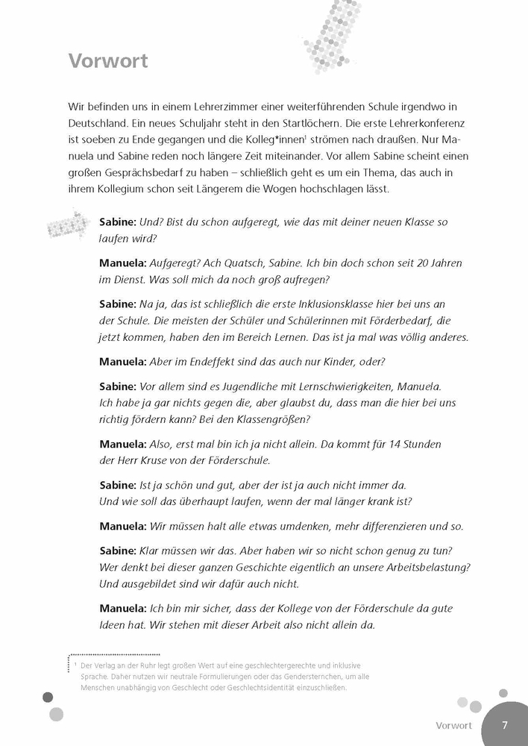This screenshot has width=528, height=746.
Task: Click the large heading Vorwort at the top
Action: pos(108,60)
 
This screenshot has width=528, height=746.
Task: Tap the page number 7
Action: pos(505,724)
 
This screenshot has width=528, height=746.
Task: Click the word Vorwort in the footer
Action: pos(454,725)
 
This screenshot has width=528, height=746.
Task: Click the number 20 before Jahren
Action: pos(418,263)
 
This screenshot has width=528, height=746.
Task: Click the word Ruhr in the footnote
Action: pos(160,664)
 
